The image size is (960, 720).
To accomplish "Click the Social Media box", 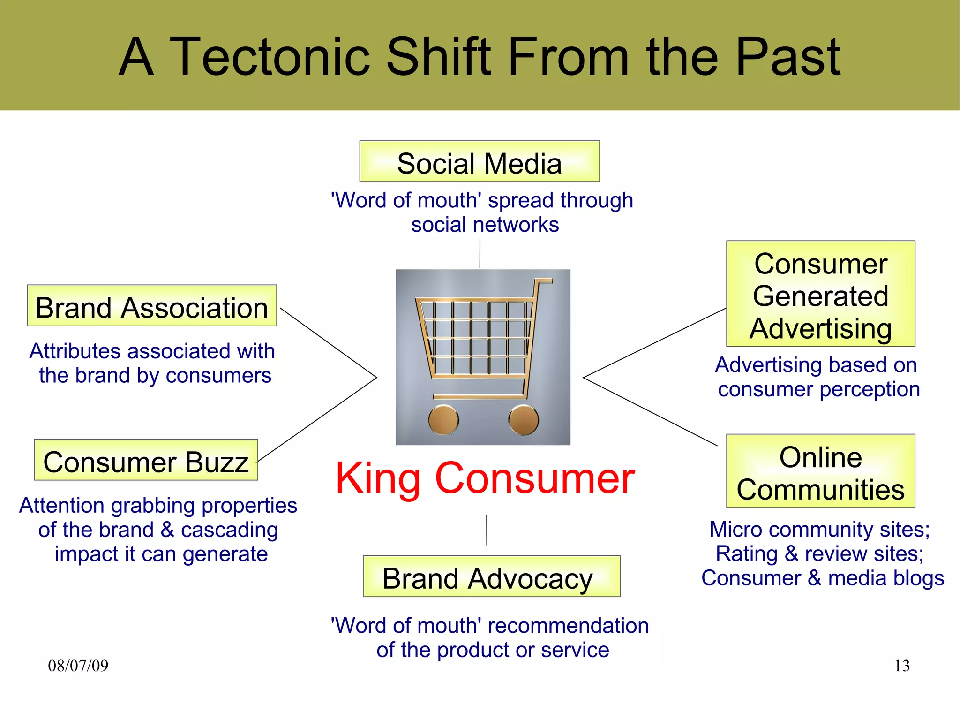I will tap(479, 162).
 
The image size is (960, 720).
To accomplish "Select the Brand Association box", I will tap(151, 306).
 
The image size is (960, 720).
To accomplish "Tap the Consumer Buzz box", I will tap(146, 460).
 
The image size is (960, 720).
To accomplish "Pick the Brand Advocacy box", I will tap(491, 576).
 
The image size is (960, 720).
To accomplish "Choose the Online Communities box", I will tap(820, 471).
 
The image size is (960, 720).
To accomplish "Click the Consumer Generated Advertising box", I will tap(820, 294).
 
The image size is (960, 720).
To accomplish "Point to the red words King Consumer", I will tap(485, 478).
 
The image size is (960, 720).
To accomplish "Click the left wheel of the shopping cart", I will tap(443, 419).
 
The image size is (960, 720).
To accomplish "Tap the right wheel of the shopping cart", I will tap(524, 419).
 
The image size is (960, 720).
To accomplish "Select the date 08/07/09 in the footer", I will tap(78, 666).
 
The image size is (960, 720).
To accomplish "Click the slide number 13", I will tap(901, 666).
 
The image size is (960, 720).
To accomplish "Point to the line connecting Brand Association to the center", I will tap(328, 342).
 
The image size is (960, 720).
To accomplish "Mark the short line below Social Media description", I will tap(480, 254).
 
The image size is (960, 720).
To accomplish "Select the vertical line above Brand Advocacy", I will tap(487, 530).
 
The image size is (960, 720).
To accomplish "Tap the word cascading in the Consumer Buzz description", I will tap(229, 530).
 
